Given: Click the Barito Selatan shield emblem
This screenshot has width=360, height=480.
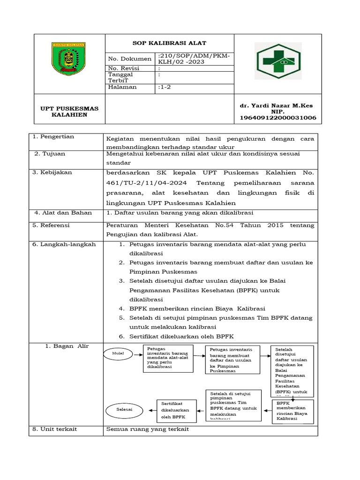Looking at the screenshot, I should tap(68, 59).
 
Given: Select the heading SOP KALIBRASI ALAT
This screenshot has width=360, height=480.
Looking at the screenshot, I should tap(169, 43).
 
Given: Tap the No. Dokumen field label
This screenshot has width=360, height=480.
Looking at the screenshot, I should tap(129, 59).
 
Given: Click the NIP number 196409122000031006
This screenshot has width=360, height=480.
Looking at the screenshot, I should tap(277, 118).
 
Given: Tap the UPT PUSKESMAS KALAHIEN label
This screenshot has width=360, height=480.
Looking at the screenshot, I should tap(69, 112).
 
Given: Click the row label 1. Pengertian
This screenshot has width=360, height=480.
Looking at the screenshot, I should tap(53, 136).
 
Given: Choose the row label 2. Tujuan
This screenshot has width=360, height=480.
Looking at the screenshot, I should tap(50, 154).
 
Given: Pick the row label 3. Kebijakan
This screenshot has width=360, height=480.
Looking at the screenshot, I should tap(52, 172).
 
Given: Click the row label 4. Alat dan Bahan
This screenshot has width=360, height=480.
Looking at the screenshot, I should tap(63, 213).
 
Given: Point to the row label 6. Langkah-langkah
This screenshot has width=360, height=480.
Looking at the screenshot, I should tap(64, 244).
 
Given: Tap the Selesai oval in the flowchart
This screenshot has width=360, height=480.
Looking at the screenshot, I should tap(124, 409).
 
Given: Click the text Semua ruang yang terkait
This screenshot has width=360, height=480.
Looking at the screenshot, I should tap(148, 429).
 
